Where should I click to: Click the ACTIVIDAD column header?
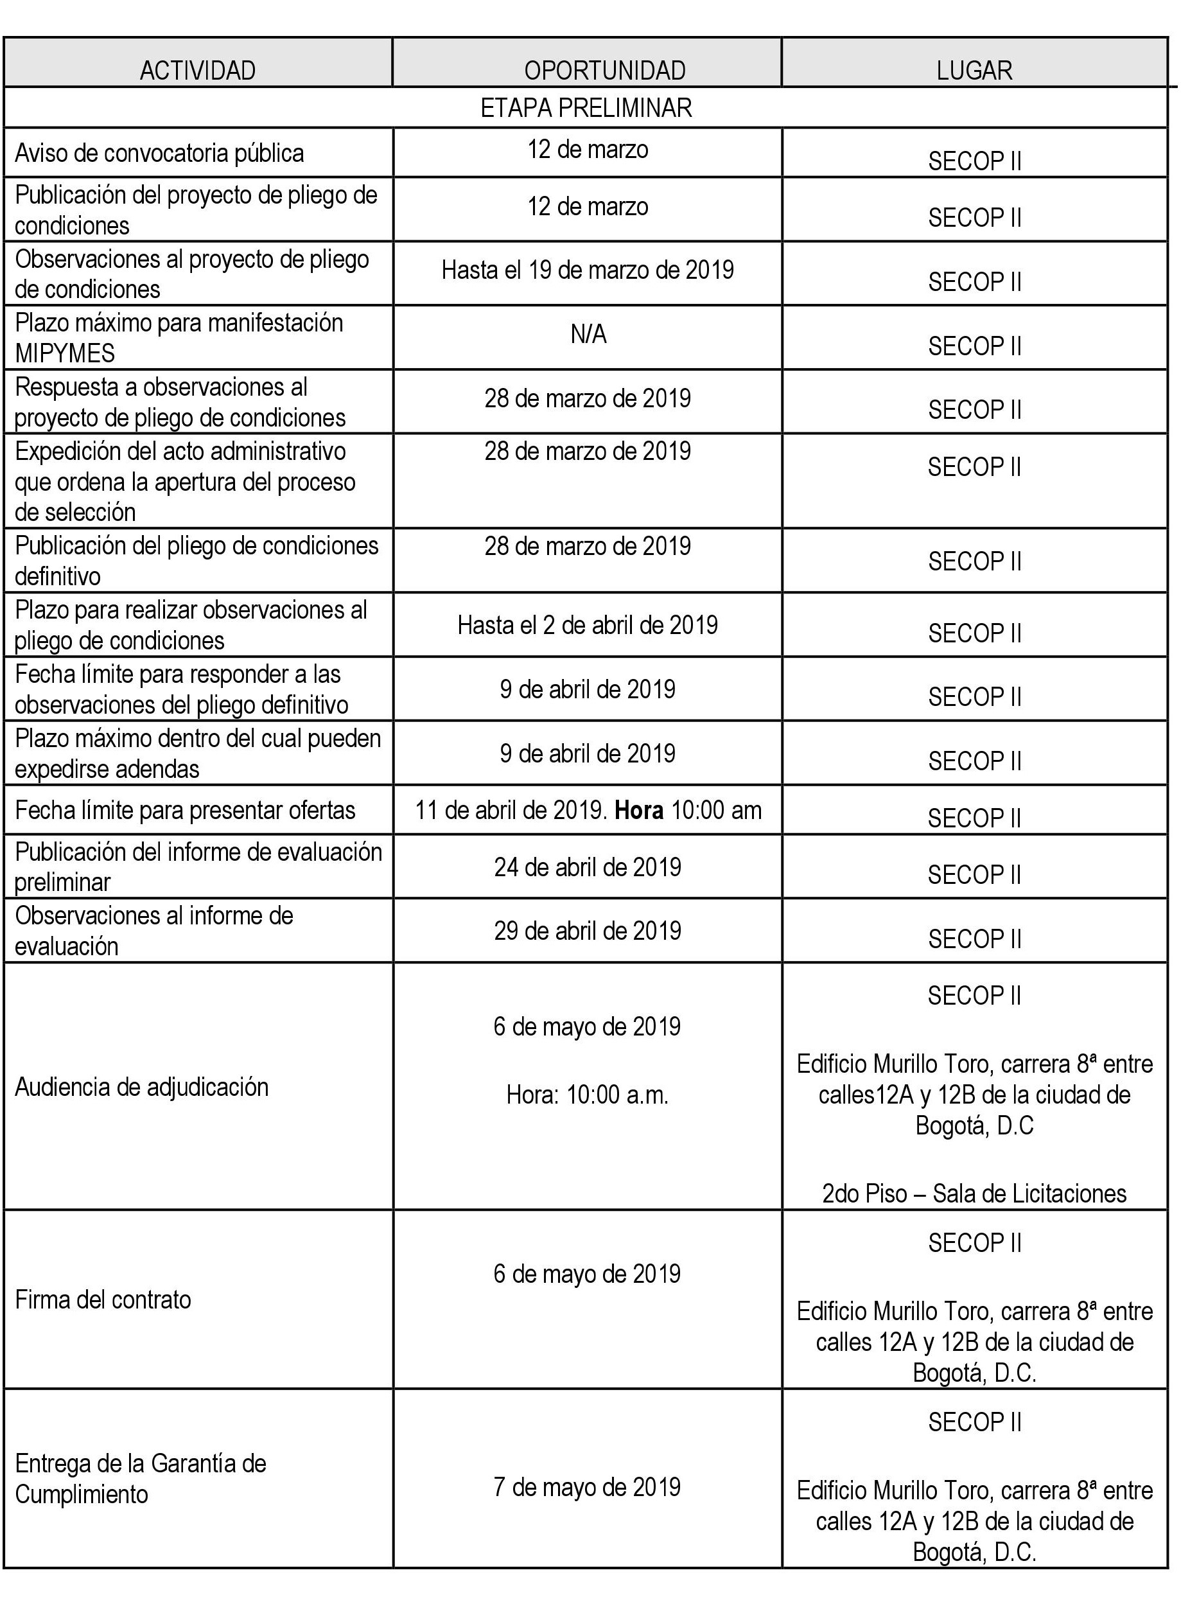(x=197, y=71)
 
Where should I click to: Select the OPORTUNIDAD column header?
(x=605, y=71)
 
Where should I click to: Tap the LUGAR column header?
(x=974, y=71)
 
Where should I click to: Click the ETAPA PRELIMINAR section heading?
(x=586, y=108)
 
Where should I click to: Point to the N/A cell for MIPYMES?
(x=588, y=334)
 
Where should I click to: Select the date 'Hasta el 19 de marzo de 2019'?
(x=588, y=270)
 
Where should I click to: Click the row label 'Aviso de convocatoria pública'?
(x=159, y=153)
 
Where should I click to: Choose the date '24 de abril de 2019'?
(x=588, y=867)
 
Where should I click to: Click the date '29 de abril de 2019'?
(x=588, y=931)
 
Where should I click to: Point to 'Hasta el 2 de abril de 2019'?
(x=588, y=625)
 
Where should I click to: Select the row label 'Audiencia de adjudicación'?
(x=141, y=1087)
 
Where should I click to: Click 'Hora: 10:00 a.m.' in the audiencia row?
(x=588, y=1095)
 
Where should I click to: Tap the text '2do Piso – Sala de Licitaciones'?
(x=974, y=1194)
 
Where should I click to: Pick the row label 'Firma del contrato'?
(x=103, y=1300)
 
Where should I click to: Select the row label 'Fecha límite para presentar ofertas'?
(x=185, y=810)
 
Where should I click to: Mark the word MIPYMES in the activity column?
(x=65, y=353)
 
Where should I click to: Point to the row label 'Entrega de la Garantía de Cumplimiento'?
(x=140, y=1479)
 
